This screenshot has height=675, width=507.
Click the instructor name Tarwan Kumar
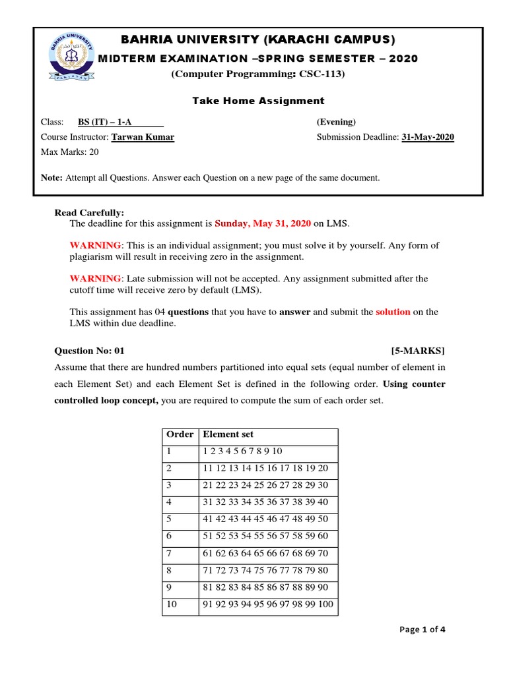(x=143, y=137)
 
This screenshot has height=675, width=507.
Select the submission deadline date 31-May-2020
(x=428, y=137)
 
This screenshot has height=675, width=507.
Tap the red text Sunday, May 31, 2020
(x=263, y=224)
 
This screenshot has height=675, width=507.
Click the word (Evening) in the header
(x=336, y=122)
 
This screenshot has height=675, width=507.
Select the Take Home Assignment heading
(x=258, y=101)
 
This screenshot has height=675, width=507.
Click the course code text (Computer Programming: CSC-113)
(x=258, y=74)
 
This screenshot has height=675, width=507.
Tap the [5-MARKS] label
(x=418, y=351)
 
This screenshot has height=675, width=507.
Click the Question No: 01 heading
(x=89, y=351)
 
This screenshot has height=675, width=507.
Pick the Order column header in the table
(x=180, y=435)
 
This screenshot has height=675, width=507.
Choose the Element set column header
(x=228, y=435)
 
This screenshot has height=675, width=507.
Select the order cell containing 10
(x=172, y=604)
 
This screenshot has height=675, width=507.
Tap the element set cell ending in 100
(x=268, y=604)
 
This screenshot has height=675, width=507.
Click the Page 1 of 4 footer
(x=422, y=630)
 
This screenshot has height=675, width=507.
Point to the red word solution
(x=393, y=312)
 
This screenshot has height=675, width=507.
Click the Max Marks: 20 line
(x=70, y=152)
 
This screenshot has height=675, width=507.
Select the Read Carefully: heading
(x=89, y=212)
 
